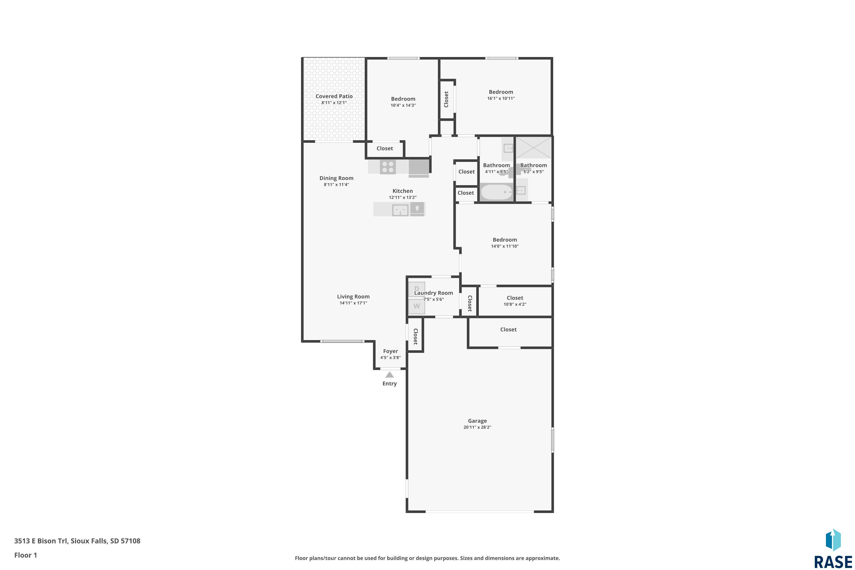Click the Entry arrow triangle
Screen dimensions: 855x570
coord(389,375)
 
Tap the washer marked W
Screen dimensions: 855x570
coord(417,306)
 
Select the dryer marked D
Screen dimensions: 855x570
coord(417,289)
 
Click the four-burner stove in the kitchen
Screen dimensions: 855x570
coord(388,167)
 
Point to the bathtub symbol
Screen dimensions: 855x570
coord(496,192)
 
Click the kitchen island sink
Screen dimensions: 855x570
coord(400,210)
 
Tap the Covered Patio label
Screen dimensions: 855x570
coord(334,96)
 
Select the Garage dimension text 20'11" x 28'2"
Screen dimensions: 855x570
coord(477,427)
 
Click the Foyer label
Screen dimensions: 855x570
coord(390,351)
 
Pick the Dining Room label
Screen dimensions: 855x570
coord(336,178)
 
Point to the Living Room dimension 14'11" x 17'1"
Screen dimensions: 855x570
coord(353,303)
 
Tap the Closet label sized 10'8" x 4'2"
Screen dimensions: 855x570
coord(515,298)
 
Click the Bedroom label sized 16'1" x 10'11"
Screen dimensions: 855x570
coord(501,92)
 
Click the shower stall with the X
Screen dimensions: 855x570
coord(533,148)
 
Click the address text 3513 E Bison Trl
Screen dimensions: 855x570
coord(41,541)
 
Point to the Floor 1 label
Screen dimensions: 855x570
coord(25,555)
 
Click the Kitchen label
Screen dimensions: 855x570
coord(402,191)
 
